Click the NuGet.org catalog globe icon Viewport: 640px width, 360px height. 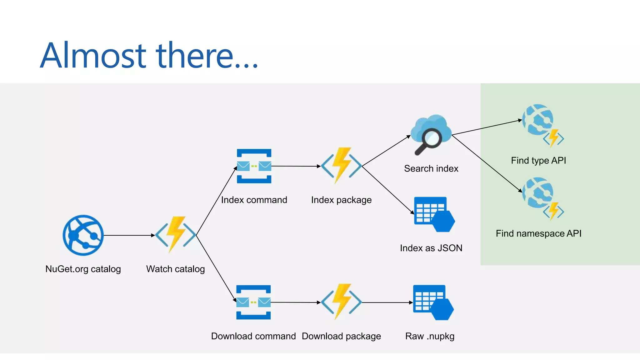(x=83, y=235)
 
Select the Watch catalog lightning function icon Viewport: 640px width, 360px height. (x=176, y=234)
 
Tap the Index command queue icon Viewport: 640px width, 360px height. (x=254, y=166)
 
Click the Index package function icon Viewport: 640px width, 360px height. (x=341, y=166)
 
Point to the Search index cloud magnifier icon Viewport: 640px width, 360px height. (x=431, y=134)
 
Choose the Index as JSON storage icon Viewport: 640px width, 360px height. (x=434, y=214)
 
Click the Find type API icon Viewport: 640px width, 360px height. (x=542, y=125)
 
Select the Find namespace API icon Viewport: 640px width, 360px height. (x=542, y=198)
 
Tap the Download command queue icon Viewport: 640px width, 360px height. (x=253, y=302)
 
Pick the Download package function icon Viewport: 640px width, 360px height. (x=341, y=302)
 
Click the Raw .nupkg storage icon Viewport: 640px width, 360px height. (x=433, y=302)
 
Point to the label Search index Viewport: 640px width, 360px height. (x=431, y=168)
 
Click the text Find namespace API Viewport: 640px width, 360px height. (x=538, y=233)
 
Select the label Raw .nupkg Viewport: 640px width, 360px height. (x=430, y=336)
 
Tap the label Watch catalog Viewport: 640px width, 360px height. (x=175, y=269)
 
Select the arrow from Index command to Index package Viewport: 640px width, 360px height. (x=296, y=166)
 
